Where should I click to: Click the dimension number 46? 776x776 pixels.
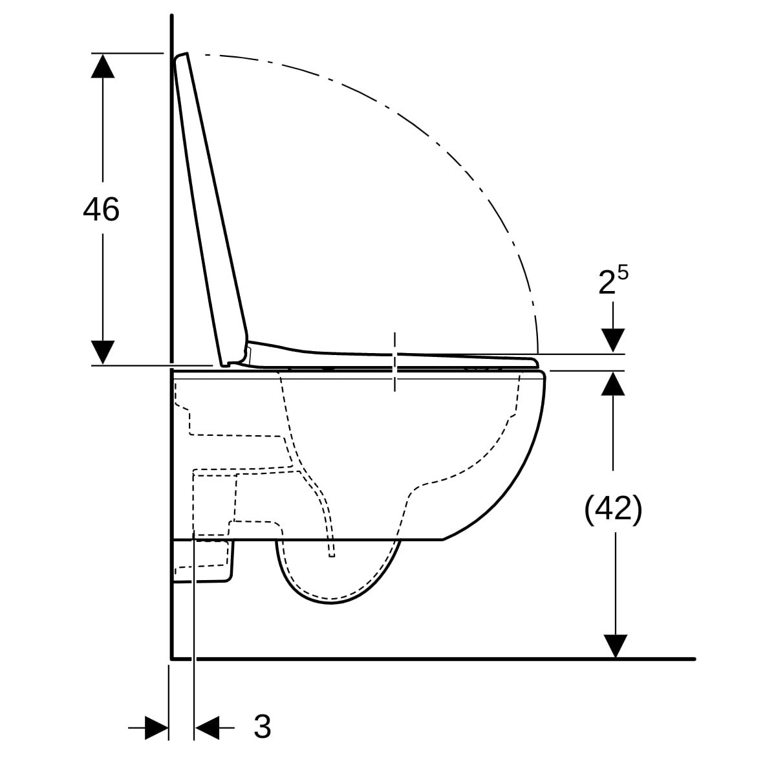click(101, 210)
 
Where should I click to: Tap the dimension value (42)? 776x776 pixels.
click(613, 510)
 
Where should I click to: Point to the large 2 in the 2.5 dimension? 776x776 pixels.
click(607, 283)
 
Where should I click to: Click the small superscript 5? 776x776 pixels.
click(623, 274)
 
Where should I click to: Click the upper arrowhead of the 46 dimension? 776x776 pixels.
click(103, 66)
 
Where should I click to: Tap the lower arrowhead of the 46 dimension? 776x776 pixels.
click(103, 352)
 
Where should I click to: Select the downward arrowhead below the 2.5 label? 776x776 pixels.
click(613, 340)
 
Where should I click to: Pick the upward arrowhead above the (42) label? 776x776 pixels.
click(613, 383)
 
